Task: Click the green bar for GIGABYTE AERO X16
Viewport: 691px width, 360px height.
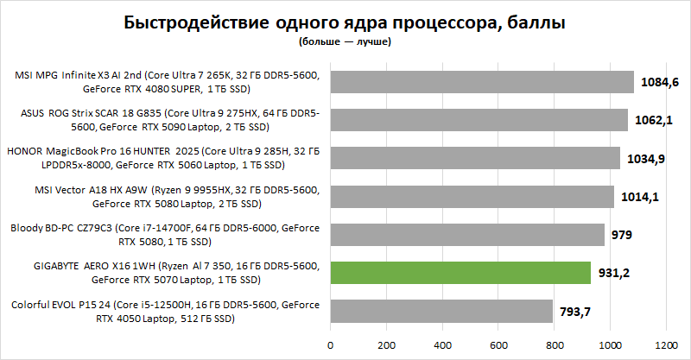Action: coord(460,274)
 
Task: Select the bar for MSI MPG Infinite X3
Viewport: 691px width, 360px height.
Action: coord(482,82)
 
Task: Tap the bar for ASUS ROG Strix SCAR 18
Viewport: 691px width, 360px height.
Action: coord(479,120)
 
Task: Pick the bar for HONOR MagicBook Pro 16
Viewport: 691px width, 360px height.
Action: coord(475,158)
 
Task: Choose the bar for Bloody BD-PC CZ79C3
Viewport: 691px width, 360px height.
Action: coord(467,235)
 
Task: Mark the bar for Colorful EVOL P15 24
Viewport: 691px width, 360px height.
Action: coord(441,312)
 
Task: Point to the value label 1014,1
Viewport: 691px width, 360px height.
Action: coord(641,197)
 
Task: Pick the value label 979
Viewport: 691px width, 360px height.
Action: coord(622,235)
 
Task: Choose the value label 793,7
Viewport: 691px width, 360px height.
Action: coord(576,312)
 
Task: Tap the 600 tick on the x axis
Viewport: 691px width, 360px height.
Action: coord(498,344)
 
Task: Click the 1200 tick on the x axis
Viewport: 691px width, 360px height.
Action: coord(665,344)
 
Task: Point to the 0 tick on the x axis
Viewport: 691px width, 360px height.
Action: coord(330,344)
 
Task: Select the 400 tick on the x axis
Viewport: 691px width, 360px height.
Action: coord(441,344)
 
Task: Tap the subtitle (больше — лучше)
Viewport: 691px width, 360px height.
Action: coord(346,41)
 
